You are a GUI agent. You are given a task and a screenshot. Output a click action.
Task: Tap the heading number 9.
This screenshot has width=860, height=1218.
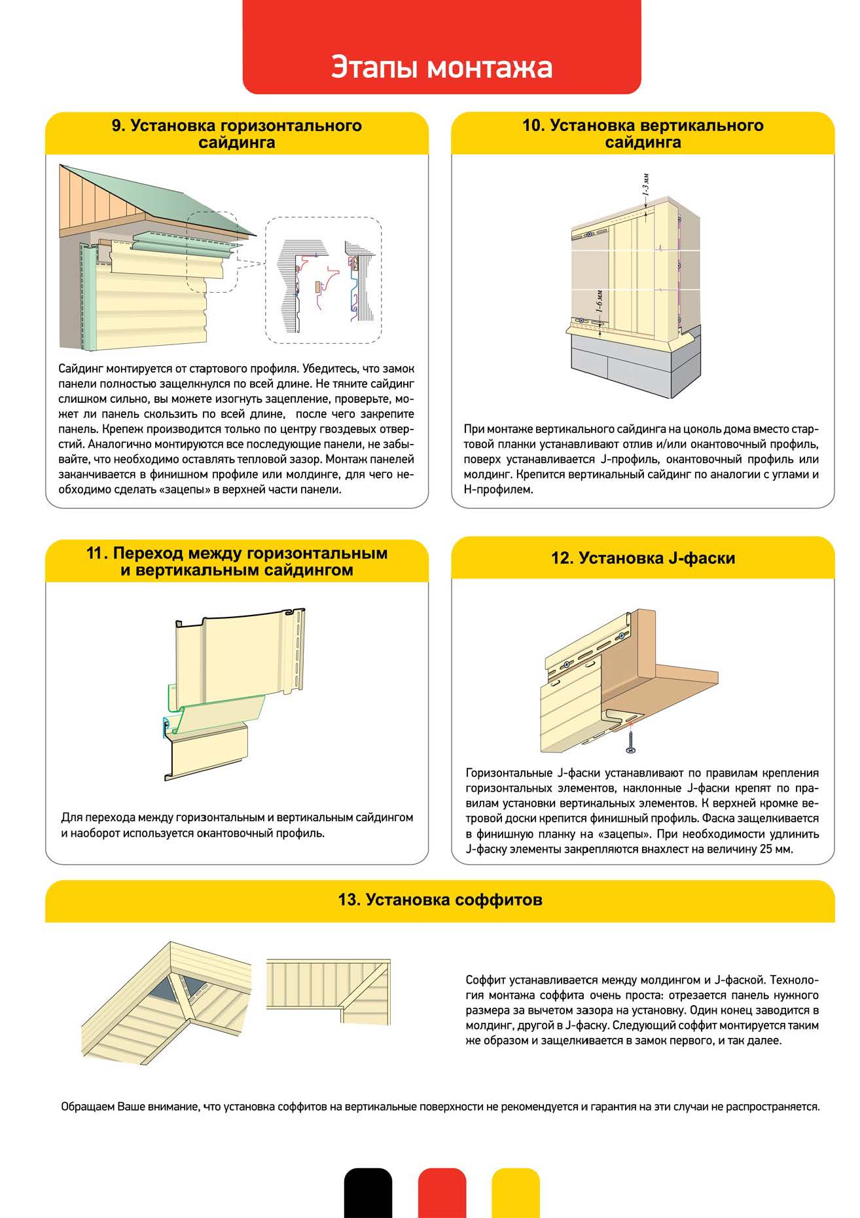(x=117, y=126)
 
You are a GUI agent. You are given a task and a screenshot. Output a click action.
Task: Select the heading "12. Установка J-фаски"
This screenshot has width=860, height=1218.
(x=643, y=558)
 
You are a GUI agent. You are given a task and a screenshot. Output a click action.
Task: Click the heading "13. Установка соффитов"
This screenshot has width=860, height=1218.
(x=440, y=900)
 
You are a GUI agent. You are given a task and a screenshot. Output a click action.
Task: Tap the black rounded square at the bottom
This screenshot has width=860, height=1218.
(x=368, y=1192)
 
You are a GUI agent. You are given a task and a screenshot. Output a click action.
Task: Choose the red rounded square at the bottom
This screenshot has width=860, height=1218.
(x=442, y=1192)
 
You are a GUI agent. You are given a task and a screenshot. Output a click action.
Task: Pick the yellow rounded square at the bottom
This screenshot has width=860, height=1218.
(x=516, y=1192)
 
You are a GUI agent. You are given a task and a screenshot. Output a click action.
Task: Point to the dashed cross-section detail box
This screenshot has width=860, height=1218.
(x=323, y=280)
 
